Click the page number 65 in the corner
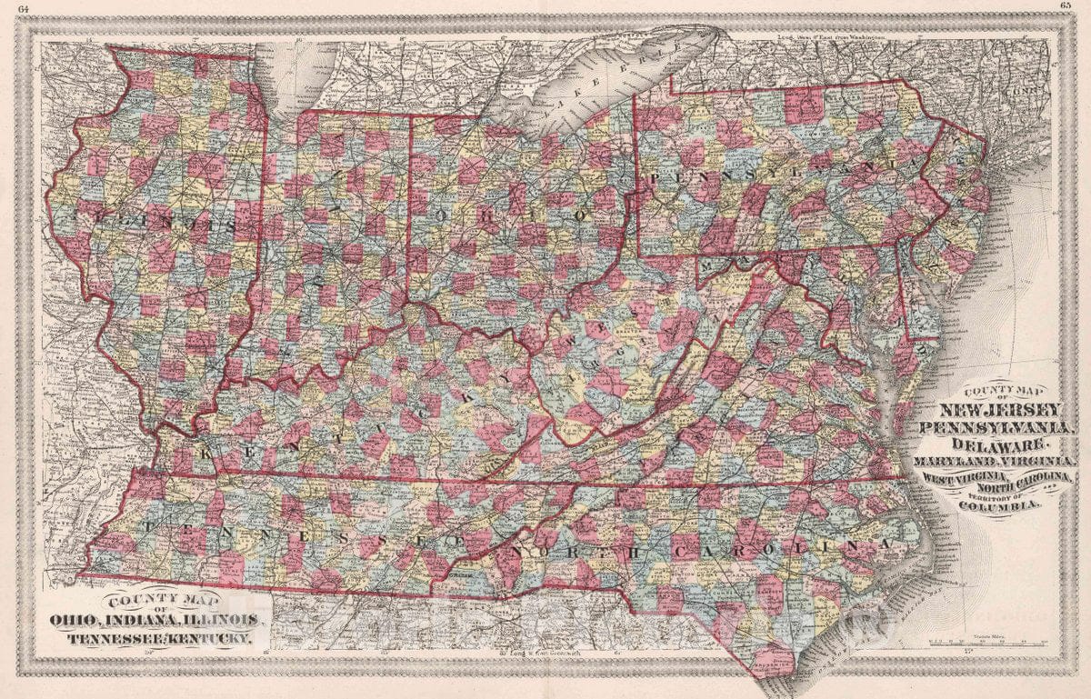pyautogui.click(x=1066, y=5)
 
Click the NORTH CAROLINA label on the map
pyautogui.click(x=691, y=549)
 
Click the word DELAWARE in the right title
pyautogui.click(x=1000, y=444)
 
